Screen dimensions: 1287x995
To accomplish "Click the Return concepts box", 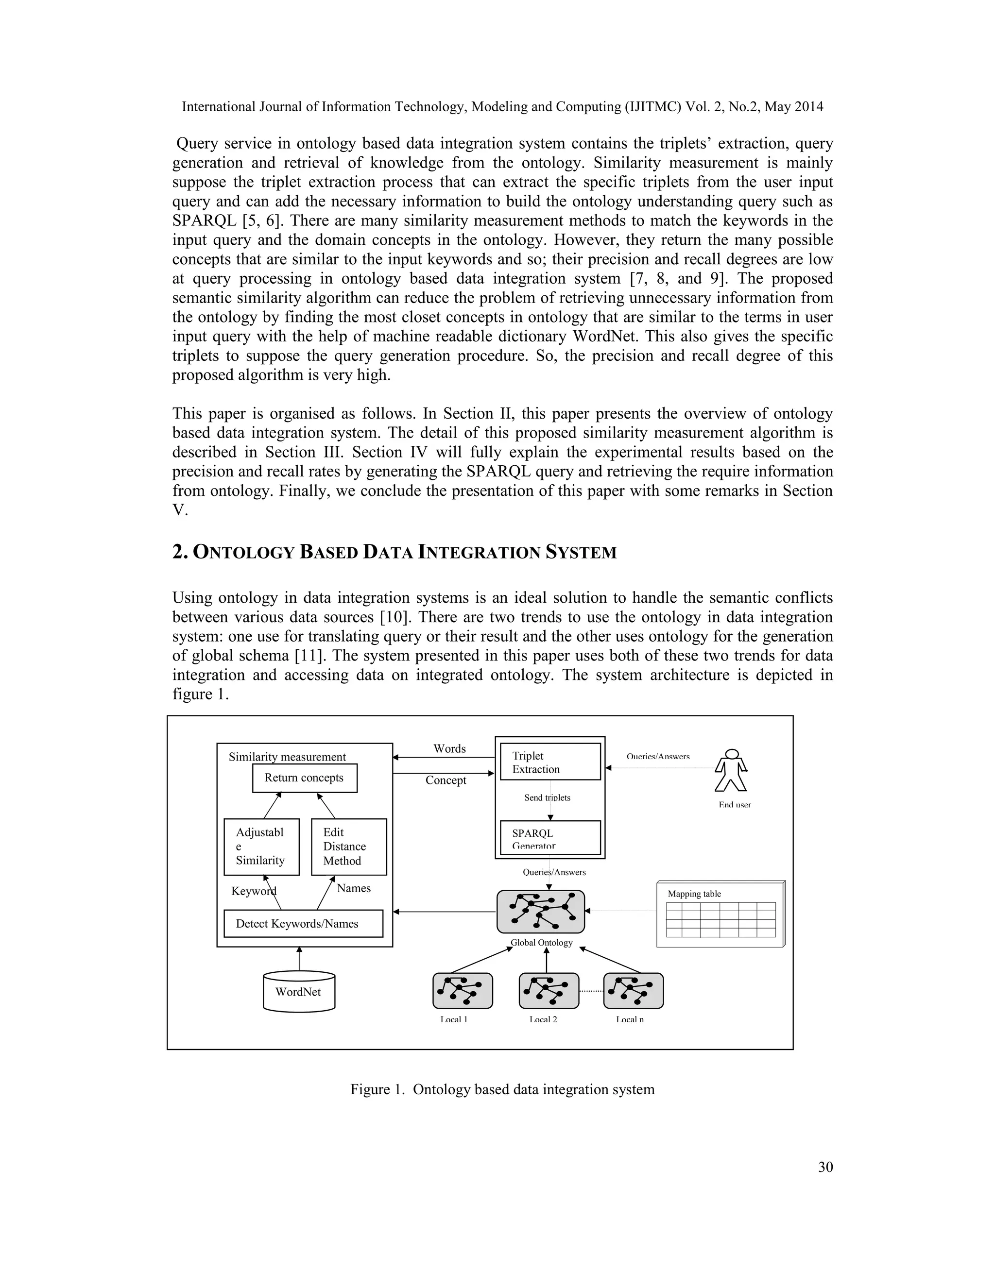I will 305,779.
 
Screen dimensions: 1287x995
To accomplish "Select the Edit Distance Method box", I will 349,847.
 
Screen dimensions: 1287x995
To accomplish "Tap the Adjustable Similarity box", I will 261,847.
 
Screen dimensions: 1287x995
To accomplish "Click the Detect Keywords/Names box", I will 303,923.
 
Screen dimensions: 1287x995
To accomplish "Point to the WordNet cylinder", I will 299,992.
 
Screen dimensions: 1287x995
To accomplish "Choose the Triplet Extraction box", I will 550,762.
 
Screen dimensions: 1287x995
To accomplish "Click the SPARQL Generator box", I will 550,837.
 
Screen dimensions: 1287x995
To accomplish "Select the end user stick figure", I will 731,771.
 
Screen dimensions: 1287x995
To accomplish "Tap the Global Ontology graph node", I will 541,912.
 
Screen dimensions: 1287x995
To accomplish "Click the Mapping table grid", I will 721,919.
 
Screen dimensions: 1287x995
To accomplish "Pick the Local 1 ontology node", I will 463,991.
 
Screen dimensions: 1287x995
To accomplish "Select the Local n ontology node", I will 634,991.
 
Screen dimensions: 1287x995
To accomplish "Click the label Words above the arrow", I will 450,749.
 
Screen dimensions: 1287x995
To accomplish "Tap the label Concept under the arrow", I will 446,780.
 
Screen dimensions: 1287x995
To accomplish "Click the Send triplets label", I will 547,798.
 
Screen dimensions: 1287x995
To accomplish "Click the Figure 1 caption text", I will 502,1090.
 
